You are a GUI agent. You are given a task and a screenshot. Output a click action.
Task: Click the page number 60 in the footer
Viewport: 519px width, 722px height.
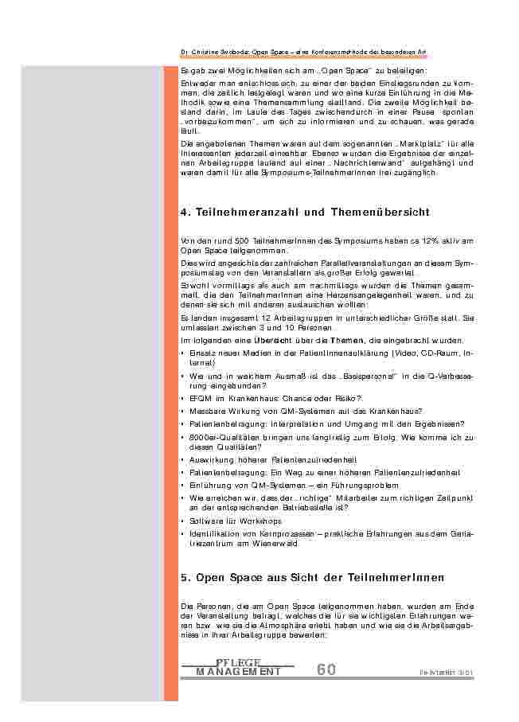click(326, 669)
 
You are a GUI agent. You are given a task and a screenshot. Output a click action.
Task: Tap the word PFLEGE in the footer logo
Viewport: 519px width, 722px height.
click(238, 662)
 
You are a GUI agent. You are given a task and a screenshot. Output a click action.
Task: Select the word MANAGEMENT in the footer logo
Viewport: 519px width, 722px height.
click(238, 672)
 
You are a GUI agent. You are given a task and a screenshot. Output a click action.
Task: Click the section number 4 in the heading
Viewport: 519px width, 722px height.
click(185, 213)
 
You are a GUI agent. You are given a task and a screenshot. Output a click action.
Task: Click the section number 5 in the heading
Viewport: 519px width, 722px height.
click(185, 577)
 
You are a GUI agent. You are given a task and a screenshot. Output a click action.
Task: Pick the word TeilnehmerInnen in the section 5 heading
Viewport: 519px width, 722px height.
click(397, 577)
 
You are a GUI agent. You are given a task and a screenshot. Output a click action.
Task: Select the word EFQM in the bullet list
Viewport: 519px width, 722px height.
click(201, 398)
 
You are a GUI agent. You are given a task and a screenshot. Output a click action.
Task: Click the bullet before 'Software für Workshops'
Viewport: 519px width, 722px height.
click(183, 521)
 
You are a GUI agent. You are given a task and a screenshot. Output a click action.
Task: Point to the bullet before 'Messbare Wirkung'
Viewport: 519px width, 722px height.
click(183, 411)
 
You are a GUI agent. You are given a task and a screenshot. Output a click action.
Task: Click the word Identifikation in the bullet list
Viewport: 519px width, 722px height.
click(213, 534)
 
